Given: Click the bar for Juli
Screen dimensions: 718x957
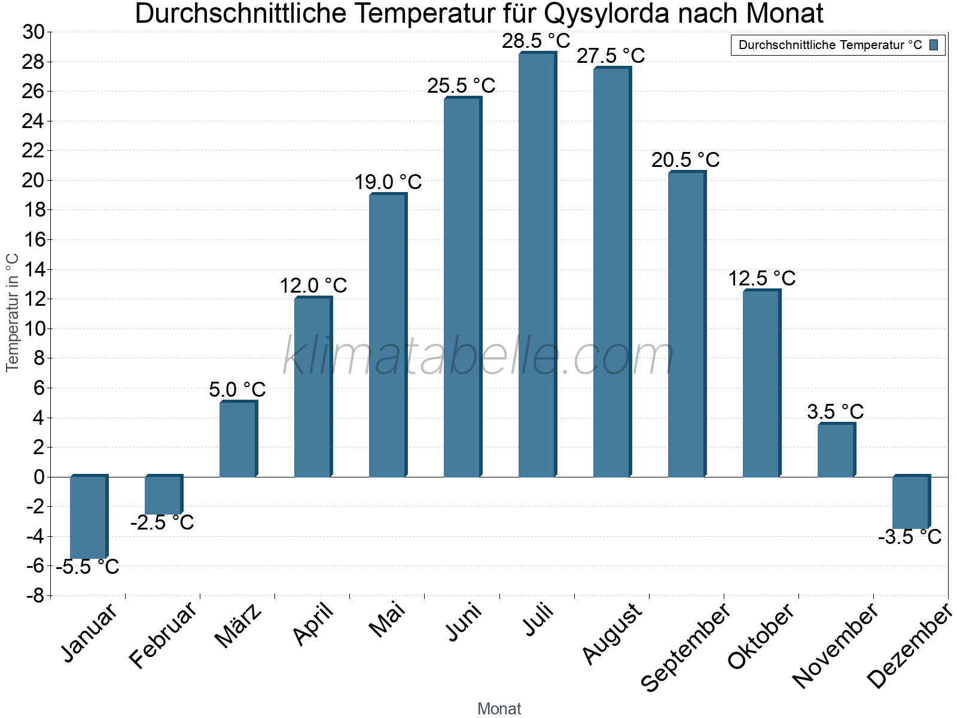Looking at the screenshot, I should pyautogui.click(x=537, y=265).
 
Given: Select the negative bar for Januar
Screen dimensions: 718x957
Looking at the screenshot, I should pyautogui.click(x=88, y=518).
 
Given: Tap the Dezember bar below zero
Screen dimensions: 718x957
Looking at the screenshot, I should pyautogui.click(x=910, y=503).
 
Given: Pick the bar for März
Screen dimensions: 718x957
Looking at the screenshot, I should pyautogui.click(x=237, y=439).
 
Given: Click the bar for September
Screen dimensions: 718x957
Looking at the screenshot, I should pyautogui.click(x=686, y=324).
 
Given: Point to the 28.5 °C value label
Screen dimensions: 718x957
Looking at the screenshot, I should pyautogui.click(x=536, y=41).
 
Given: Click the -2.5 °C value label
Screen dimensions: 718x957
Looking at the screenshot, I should pyautogui.click(x=162, y=523).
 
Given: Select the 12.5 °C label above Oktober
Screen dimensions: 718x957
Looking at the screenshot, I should pyautogui.click(x=761, y=279).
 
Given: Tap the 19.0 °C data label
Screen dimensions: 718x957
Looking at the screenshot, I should pyautogui.click(x=388, y=182).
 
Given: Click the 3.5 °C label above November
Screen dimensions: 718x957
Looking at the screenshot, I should pyautogui.click(x=835, y=412).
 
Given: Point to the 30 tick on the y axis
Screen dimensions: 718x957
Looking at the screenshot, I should pyautogui.click(x=33, y=32).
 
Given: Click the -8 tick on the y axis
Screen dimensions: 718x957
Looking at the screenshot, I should pyautogui.click(x=35, y=595).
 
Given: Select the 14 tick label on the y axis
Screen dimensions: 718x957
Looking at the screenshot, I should pyautogui.click(x=33, y=270).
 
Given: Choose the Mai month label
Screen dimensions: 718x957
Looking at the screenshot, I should pyautogui.click(x=386, y=621).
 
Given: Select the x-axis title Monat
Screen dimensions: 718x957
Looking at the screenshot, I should pyautogui.click(x=499, y=709).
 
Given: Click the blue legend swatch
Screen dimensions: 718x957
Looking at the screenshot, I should pyautogui.click(x=934, y=45).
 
